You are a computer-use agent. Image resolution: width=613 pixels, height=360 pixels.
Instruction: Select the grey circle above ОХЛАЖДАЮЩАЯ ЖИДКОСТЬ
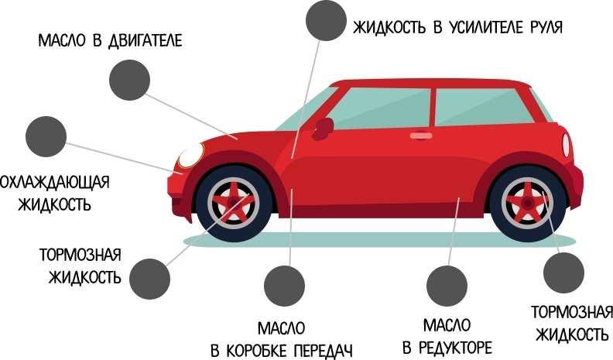(x=46, y=137)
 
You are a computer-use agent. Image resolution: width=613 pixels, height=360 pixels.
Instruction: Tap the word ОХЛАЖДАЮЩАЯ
(x=54, y=183)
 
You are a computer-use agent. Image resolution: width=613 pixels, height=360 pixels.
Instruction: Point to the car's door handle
(x=421, y=135)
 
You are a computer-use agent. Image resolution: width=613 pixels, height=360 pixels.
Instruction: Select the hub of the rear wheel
(x=527, y=204)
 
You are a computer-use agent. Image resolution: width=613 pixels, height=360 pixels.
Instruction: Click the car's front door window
(x=384, y=108)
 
